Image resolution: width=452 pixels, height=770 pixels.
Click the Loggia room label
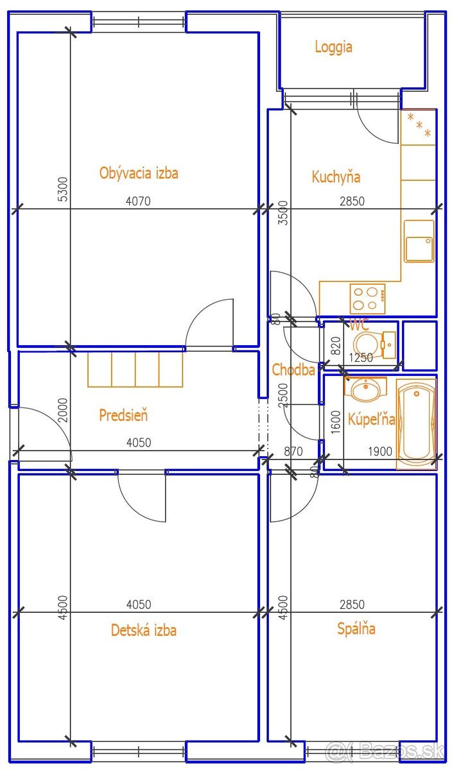[x=333, y=47]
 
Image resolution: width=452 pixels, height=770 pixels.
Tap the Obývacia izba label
[x=139, y=173]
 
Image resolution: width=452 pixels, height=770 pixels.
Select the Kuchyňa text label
[x=336, y=176]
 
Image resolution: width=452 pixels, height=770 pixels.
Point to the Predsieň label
[x=123, y=415]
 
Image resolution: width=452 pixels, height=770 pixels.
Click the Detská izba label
[x=144, y=629]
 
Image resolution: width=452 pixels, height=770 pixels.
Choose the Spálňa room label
[x=356, y=628]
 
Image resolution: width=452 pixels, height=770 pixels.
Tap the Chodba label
[x=293, y=370]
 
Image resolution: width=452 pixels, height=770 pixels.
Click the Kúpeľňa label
[x=372, y=419]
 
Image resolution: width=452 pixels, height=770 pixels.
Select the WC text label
[x=359, y=324]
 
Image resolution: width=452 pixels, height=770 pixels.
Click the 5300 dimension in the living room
[x=64, y=189]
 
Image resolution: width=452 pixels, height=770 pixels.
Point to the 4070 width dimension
[x=138, y=201]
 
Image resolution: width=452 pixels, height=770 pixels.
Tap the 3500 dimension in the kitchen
[x=282, y=213]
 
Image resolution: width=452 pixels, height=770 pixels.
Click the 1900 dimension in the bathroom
[x=380, y=451]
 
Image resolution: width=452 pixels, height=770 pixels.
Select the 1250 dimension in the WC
[x=361, y=358]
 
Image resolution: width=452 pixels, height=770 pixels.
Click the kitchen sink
[x=419, y=241]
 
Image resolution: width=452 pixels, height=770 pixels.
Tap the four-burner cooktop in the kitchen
[x=368, y=298]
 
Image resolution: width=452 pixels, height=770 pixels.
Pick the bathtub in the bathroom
[x=416, y=424]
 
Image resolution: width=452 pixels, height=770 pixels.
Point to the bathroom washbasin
[x=365, y=388]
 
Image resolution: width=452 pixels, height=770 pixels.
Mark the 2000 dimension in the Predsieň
[x=64, y=411]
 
